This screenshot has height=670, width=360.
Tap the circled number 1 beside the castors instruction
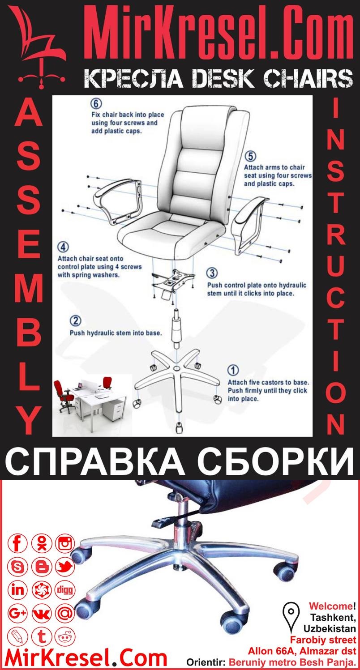[233, 370]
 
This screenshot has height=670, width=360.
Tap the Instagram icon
[65, 544]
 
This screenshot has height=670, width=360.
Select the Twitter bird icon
[65, 567]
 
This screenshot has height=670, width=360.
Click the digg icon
[65, 590]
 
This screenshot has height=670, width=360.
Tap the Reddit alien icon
[65, 636]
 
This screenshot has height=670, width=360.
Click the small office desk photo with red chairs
[89, 396]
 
